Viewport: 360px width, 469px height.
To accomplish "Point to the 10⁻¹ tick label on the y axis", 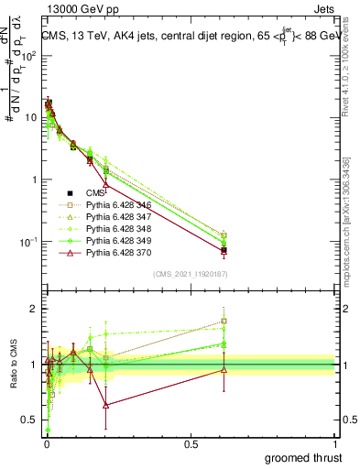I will [28, 242].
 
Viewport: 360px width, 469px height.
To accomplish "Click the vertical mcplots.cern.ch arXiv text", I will [352, 211].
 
